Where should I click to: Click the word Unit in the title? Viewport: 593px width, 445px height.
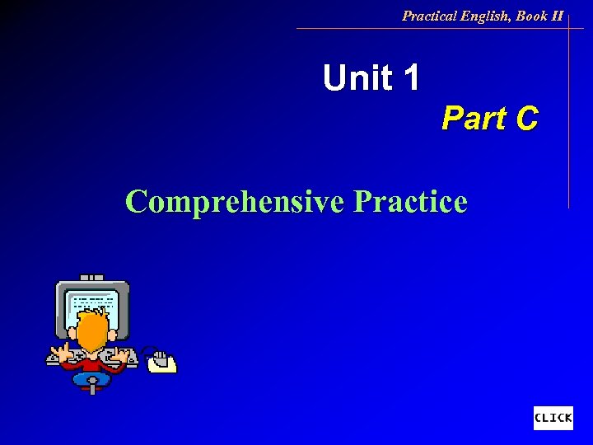tap(357, 78)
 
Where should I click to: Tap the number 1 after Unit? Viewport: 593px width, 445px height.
tap(411, 78)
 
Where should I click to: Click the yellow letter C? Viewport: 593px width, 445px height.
tap(526, 119)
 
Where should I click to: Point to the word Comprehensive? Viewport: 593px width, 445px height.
tap(235, 201)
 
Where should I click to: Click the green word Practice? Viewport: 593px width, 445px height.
tap(410, 201)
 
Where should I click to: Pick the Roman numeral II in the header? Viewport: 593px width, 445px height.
tap(558, 16)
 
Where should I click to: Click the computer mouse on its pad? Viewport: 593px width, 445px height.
tap(161, 360)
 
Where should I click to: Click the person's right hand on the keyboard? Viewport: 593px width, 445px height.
tap(125, 355)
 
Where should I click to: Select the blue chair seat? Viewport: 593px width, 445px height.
tap(91, 379)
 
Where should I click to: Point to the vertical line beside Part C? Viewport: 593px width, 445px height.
tap(568, 115)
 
